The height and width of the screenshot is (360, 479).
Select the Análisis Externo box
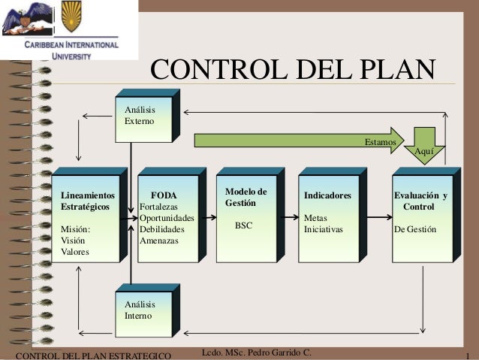pyautogui.click(x=143, y=116)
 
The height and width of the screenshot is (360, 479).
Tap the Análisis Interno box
pyautogui.click(x=143, y=310)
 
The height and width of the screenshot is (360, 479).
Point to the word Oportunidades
pyautogui.click(x=167, y=218)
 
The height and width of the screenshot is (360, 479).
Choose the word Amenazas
pyautogui.click(x=159, y=241)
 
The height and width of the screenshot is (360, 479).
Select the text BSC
pyautogui.click(x=244, y=225)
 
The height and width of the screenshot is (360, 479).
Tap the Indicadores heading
pyautogui.click(x=327, y=195)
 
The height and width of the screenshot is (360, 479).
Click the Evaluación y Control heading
pyautogui.click(x=420, y=201)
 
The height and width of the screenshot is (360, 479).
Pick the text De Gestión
pyautogui.click(x=414, y=229)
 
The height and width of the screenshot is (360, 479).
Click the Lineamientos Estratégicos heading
pyautogui.click(x=89, y=201)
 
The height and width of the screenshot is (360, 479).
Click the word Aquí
pyautogui.click(x=423, y=152)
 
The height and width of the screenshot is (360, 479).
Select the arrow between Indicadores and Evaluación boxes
pyautogui.click(x=379, y=216)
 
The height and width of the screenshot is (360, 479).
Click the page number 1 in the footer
pyautogui.click(x=468, y=354)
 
